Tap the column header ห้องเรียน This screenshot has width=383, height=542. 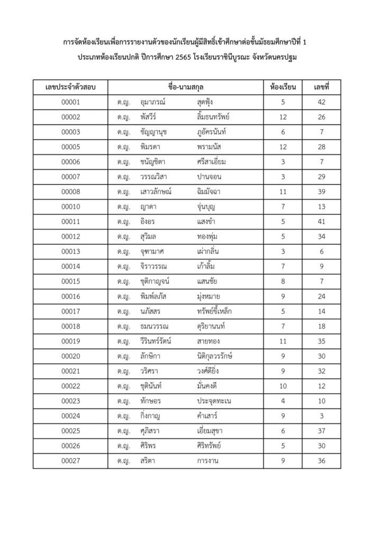pos(284,87)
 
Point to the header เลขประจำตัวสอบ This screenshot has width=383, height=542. pos(70,87)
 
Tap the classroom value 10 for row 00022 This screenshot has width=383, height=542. pos(284,387)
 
